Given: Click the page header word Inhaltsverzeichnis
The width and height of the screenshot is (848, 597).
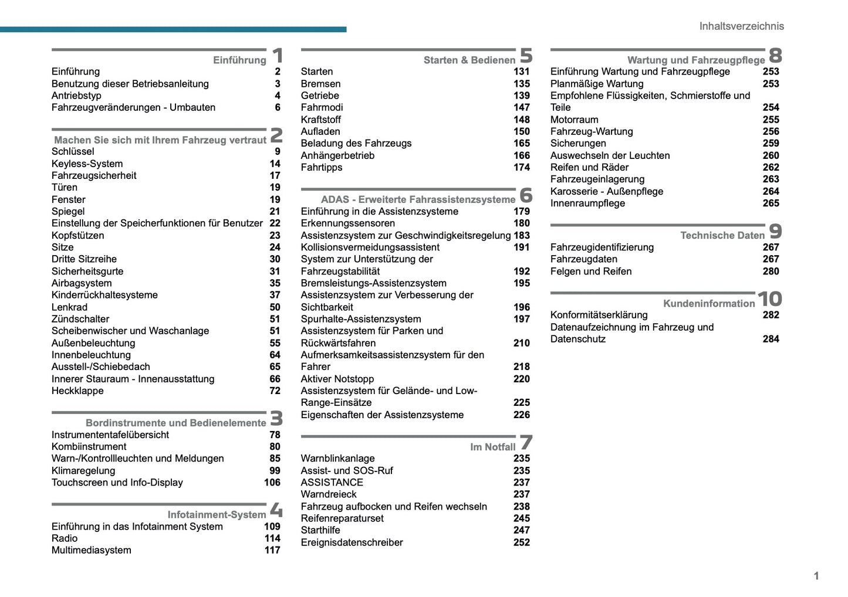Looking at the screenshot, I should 741,26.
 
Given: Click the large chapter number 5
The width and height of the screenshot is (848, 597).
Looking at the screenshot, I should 526,56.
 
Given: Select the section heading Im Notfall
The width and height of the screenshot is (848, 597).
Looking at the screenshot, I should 492,447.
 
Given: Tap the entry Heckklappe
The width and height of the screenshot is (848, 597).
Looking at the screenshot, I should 77,391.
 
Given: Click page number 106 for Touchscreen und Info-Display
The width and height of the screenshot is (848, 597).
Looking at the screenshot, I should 272,482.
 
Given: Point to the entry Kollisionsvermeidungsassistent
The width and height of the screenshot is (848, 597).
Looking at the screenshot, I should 370,247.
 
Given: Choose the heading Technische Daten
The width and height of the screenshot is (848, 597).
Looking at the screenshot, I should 722,235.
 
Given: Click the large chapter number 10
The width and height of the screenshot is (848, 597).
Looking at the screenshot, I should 769,299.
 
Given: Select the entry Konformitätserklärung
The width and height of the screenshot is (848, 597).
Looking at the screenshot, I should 599,315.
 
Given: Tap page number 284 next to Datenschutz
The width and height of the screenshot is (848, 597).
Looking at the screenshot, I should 771,339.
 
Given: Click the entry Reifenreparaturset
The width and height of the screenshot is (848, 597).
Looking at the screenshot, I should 342,518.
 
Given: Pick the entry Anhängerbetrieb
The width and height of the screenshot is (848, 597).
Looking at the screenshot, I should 337,155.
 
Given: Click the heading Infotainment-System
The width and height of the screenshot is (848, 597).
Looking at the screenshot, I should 217,514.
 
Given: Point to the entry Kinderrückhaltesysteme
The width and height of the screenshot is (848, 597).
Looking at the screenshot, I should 104,295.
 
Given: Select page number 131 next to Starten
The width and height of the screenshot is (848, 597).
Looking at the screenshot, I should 521,72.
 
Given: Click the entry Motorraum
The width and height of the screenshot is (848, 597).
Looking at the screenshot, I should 574,120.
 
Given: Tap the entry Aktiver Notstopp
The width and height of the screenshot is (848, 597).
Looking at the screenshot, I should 337,379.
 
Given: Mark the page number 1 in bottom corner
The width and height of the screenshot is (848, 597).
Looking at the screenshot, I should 816,576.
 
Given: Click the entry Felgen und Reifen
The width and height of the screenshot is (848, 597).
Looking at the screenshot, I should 590,271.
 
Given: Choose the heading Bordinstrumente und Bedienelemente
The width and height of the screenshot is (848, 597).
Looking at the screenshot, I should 175,423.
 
